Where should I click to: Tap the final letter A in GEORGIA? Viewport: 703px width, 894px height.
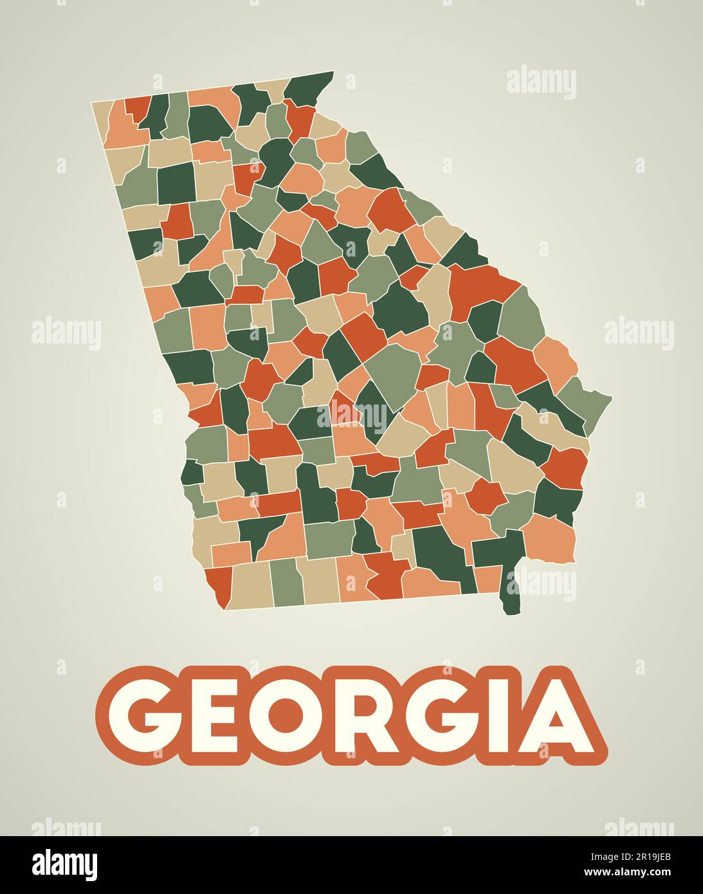(x=559, y=715)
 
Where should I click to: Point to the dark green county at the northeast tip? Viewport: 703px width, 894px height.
(x=309, y=87)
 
